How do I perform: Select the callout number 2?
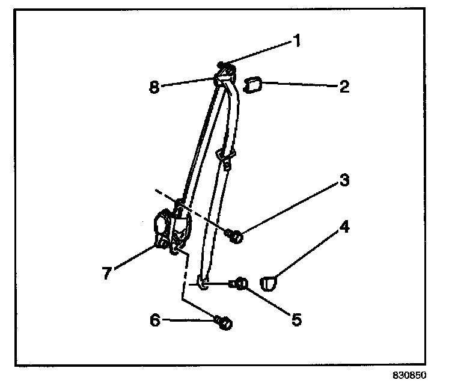[x=343, y=87]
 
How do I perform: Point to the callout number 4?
[x=344, y=228]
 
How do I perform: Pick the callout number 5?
[x=296, y=319]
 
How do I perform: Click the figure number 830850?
[x=409, y=375]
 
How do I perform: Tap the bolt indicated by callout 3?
[x=235, y=236]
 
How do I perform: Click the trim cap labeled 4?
[x=269, y=281]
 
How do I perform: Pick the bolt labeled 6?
[x=224, y=323]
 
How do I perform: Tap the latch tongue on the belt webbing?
[x=226, y=161]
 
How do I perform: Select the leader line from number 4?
[x=307, y=253]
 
